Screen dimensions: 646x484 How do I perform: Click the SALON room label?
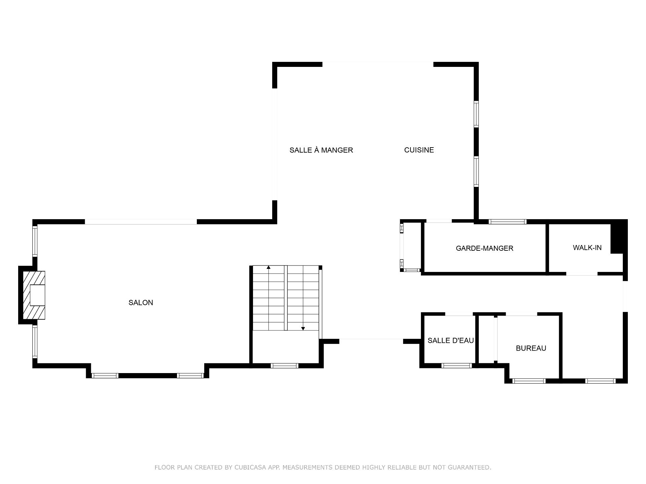pyautogui.click(x=141, y=302)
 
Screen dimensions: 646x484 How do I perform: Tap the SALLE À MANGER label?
pyautogui.click(x=321, y=150)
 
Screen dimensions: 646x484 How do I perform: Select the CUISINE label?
pyautogui.click(x=419, y=150)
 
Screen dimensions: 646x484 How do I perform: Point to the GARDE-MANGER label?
pyautogui.click(x=485, y=248)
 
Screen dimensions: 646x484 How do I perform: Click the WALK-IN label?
pyautogui.click(x=587, y=248)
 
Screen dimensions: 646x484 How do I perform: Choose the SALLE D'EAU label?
pyautogui.click(x=451, y=340)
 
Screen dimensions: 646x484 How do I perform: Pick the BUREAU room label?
pyautogui.click(x=531, y=348)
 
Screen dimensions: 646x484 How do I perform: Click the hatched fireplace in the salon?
pyautogui.click(x=34, y=295)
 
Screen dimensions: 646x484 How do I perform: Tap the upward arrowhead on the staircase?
pyautogui.click(x=268, y=268)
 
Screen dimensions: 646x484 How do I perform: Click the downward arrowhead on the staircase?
pyautogui.click(x=303, y=328)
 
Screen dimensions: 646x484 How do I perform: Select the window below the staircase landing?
pyautogui.click(x=284, y=366)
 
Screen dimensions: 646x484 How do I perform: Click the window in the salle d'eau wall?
pyautogui.click(x=457, y=366)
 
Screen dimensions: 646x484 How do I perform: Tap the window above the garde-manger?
pyautogui.click(x=507, y=221)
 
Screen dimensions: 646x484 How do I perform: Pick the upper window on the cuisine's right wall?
pyautogui.click(x=476, y=114)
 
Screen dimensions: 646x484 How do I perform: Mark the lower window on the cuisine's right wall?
pyautogui.click(x=476, y=172)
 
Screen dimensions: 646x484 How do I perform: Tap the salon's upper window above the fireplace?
pyautogui.click(x=35, y=241)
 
